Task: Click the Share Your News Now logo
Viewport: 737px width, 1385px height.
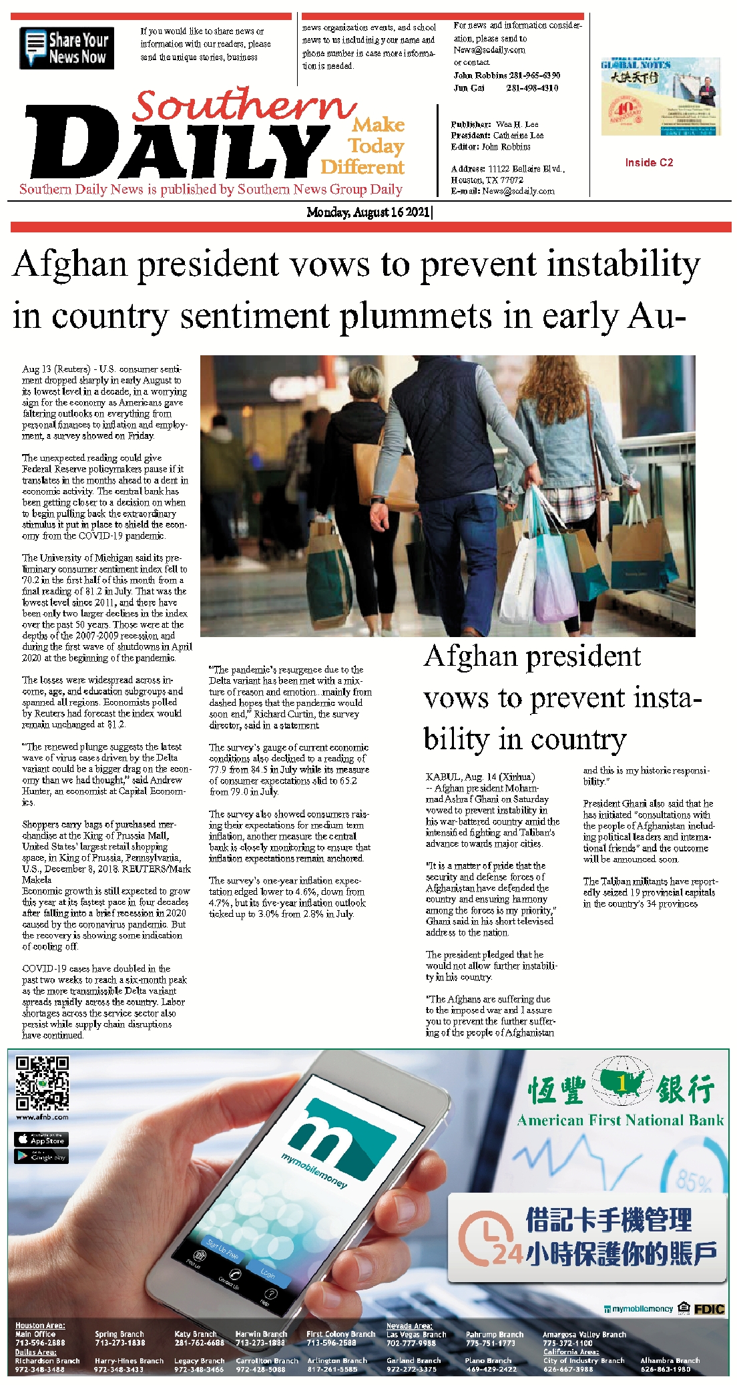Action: [67, 48]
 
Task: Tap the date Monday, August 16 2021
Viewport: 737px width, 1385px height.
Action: [368, 212]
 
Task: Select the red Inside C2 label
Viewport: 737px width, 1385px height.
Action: [649, 162]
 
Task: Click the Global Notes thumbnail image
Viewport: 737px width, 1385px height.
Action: [660, 97]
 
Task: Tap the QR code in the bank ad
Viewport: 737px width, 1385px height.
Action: [42, 1082]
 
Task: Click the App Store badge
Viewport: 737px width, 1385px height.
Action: [41, 1139]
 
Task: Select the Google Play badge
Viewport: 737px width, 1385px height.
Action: [41, 1156]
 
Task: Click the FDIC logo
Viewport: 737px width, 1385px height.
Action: [709, 1308]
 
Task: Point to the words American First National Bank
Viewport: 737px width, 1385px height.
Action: [620, 1120]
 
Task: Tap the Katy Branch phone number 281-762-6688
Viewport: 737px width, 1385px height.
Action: [199, 1342]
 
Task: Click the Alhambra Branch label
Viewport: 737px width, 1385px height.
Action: [670, 1360]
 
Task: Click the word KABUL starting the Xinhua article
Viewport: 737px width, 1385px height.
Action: [443, 777]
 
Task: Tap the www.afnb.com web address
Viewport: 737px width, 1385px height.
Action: [42, 1117]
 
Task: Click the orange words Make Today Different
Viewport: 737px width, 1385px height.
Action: [371, 146]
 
